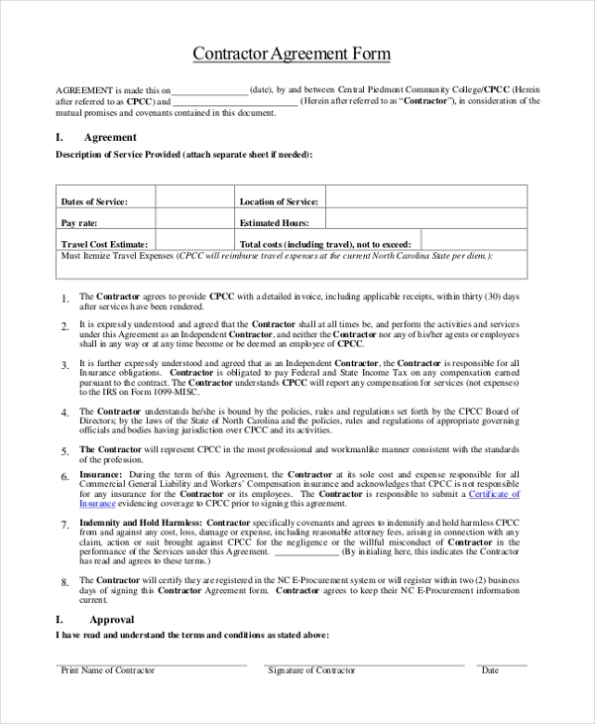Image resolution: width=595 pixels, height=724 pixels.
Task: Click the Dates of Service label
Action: [94, 201]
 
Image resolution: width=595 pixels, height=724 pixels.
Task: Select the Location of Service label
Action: [279, 201]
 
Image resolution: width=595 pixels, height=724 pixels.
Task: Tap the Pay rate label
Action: [79, 223]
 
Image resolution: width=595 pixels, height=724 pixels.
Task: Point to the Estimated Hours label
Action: [275, 223]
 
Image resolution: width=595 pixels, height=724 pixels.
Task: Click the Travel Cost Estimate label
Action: [104, 244]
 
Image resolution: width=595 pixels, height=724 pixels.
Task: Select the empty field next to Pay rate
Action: [194, 222]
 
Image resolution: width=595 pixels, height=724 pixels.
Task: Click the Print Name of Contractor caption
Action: [108, 670]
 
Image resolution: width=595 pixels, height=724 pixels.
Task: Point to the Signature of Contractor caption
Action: [311, 670]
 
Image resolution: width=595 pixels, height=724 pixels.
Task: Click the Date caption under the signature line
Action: [490, 670]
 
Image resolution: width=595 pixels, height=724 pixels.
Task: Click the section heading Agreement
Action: [110, 138]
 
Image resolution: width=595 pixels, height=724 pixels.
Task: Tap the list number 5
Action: [64, 451]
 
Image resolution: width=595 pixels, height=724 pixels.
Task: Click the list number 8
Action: [64, 582]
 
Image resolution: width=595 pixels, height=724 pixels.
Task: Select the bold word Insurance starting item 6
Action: [100, 475]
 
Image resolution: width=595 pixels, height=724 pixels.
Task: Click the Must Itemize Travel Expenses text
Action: [117, 256]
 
